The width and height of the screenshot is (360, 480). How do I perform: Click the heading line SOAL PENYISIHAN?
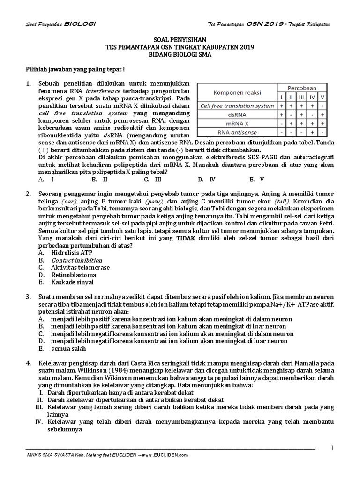coord(180,41)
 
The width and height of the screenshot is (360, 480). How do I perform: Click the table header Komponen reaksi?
coord(237,92)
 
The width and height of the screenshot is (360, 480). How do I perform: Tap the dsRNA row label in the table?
coord(237,114)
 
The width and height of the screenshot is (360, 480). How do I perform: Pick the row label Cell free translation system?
coord(237,105)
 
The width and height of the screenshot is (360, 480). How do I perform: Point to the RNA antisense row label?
coord(237,132)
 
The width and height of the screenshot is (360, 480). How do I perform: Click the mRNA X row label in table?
coord(237,123)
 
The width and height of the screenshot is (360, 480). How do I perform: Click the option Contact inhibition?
coord(70,260)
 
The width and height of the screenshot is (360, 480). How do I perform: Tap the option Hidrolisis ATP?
coord(65,253)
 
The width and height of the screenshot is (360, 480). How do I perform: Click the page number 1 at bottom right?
coord(332,448)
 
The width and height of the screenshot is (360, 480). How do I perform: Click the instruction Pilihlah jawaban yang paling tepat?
coord(75,69)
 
